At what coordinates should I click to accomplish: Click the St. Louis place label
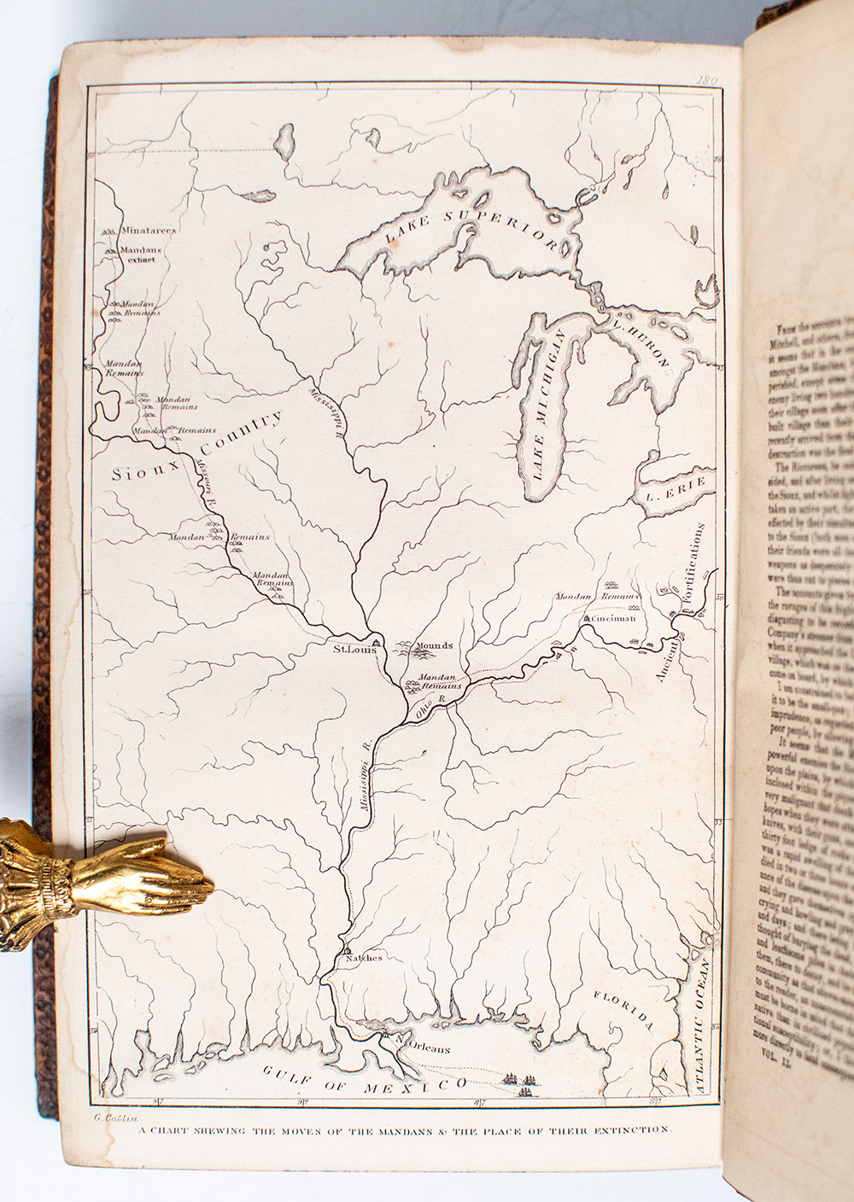point(354,649)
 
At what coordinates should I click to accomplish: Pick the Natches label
point(363,957)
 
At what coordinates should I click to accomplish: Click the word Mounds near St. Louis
point(435,645)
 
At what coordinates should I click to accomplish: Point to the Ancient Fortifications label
point(681,602)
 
